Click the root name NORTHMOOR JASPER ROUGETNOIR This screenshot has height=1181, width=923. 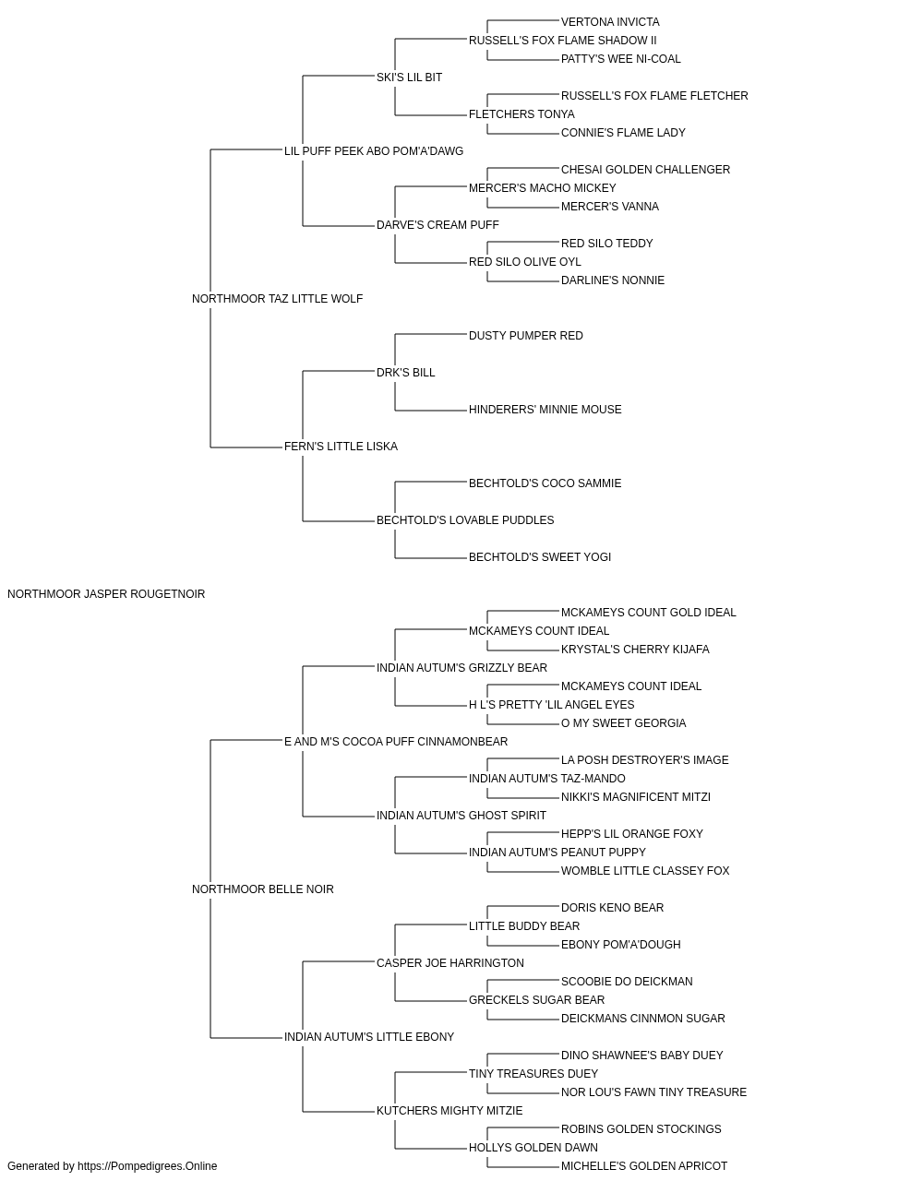106,594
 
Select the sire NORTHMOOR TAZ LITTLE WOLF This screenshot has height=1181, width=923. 277,299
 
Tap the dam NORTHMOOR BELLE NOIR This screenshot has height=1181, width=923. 262,889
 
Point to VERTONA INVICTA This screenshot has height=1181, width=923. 610,22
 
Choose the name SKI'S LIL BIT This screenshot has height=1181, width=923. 409,78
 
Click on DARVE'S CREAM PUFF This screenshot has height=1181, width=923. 438,225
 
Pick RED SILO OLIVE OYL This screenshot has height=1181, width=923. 524,262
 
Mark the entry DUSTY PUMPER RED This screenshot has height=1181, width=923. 525,336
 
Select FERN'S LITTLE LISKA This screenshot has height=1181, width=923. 341,447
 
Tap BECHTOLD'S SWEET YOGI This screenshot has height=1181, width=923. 540,557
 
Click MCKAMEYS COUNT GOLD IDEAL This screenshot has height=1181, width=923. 649,613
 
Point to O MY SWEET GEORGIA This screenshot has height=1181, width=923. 624,723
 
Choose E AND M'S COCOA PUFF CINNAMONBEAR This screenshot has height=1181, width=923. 396,742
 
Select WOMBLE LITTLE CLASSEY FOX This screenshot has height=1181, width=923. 645,871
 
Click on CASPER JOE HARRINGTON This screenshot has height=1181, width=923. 450,963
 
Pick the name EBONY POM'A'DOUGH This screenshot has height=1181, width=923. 621,945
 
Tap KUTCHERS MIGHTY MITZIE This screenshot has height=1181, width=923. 450,1111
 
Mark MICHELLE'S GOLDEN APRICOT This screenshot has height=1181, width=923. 644,1166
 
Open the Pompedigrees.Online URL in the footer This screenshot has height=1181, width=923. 148,1166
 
